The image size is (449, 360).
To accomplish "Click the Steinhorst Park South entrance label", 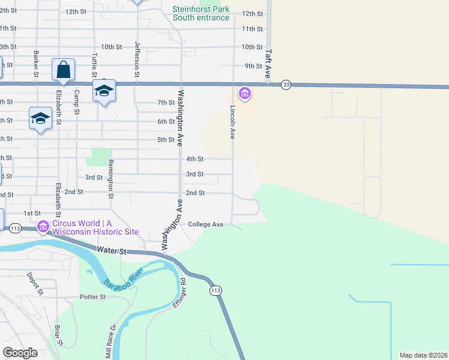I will pos(200,13).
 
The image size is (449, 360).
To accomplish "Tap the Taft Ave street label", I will pos(268,64).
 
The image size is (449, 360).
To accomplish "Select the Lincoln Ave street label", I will pos(232,122).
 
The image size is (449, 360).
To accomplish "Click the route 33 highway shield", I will pos(286,85).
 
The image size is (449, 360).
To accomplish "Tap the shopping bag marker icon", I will pos(63,70).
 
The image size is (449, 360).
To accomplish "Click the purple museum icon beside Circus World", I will pos(43,227).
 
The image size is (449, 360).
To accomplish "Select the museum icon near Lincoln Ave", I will pos(244,93).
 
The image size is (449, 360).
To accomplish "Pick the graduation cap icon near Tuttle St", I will pos(104,91).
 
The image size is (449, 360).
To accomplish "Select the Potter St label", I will pos(93,297).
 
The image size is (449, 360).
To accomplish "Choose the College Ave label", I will pos(205,224).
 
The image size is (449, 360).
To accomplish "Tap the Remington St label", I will pos(110,179).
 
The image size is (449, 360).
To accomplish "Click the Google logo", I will pos(20,353).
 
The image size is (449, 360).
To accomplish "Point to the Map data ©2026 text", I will pos(423,355).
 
